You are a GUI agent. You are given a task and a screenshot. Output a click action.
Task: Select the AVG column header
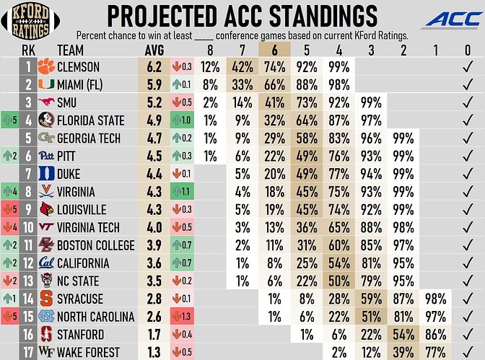[155, 50]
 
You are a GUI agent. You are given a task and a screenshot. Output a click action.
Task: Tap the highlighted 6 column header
[275, 50]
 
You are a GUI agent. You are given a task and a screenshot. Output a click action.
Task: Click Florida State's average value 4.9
[154, 120]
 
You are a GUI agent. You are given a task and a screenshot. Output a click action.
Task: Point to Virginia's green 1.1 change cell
[184, 192]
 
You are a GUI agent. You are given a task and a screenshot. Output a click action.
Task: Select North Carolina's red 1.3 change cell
[184, 317]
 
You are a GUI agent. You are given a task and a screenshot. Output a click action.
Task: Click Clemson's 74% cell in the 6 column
[275, 67]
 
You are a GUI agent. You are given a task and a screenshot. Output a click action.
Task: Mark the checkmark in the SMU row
[467, 102]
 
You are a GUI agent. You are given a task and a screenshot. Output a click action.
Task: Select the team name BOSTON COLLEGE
[95, 245]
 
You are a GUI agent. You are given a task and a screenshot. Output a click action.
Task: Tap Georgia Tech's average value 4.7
[154, 139]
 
